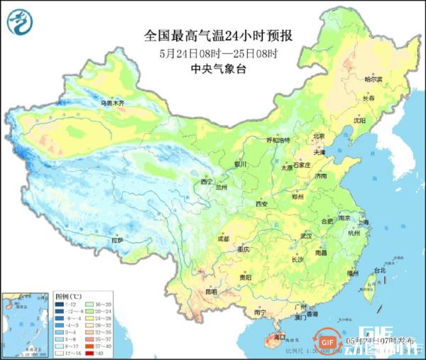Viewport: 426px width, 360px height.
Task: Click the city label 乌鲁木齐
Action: tap(111, 104)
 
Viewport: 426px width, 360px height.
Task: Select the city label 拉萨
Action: tap(118, 241)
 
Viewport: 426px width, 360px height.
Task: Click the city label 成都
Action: tap(224, 239)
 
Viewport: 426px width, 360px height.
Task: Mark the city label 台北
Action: tap(379, 271)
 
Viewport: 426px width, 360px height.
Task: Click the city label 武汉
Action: tap(306, 235)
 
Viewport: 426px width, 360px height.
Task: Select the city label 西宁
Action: tap(207, 182)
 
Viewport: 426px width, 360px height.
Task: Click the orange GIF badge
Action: tap(327, 342)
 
